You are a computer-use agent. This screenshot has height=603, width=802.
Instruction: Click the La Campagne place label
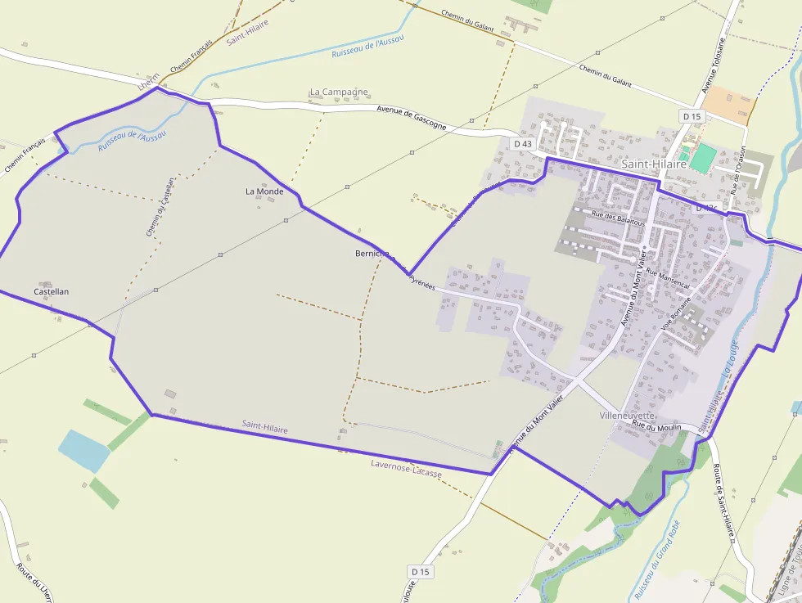point(339,92)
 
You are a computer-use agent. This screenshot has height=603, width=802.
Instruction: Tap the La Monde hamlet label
point(264,191)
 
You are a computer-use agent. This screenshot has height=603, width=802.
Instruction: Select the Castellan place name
point(51,291)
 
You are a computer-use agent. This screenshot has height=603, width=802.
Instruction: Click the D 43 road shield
point(522,144)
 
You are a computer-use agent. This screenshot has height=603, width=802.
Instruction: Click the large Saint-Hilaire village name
point(654,164)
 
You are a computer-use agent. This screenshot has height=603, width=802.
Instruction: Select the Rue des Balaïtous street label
point(618,218)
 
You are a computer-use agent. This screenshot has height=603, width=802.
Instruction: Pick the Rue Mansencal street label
point(668,278)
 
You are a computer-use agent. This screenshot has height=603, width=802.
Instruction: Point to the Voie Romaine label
point(676,315)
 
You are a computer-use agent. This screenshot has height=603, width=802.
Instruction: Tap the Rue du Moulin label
point(656,426)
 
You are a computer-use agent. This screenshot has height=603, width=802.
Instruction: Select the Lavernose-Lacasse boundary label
point(406,469)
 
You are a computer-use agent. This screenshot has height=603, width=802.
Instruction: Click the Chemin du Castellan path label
point(160,207)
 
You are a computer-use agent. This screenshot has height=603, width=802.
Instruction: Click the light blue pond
point(83,450)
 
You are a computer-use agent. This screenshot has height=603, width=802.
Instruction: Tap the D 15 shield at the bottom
point(420,570)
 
